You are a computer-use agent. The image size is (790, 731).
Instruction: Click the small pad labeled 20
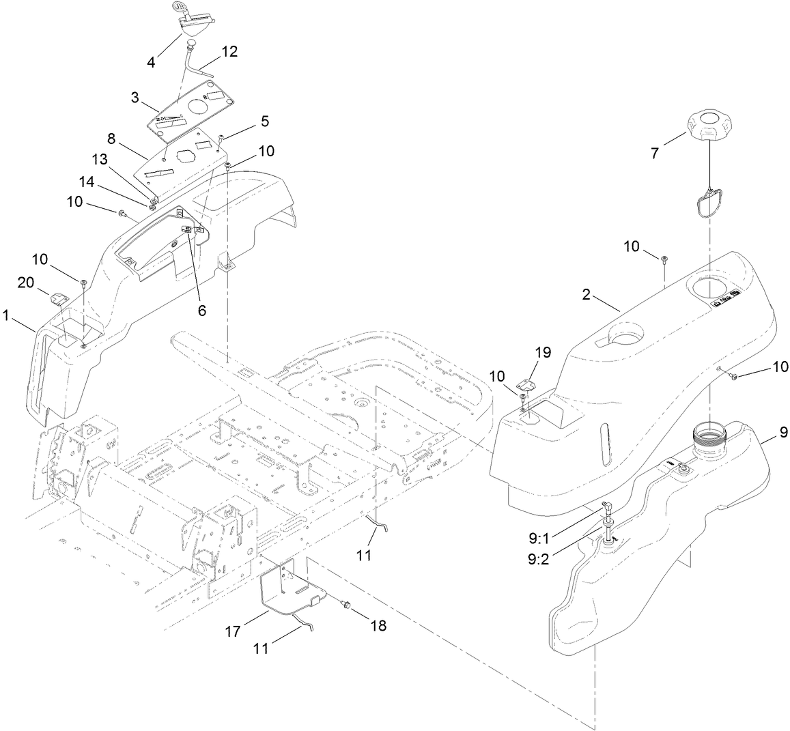[58, 298]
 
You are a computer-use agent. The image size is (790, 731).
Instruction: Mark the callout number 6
[201, 309]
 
